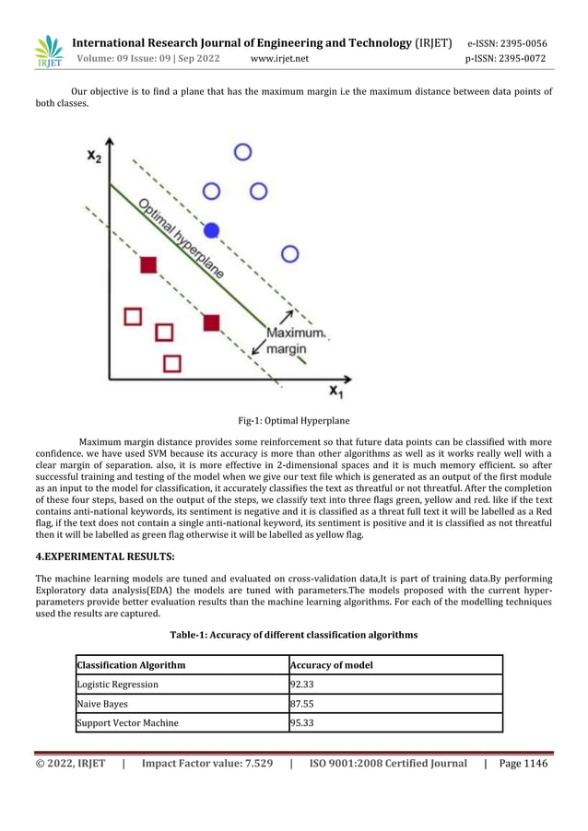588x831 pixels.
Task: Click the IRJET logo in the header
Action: click(48, 52)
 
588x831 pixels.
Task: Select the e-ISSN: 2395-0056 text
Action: click(507, 43)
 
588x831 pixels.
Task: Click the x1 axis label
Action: click(338, 392)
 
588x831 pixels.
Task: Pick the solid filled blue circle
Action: click(212, 228)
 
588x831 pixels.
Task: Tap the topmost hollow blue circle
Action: click(242, 152)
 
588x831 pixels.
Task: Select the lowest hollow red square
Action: click(172, 363)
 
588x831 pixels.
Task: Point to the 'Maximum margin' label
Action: click(293, 340)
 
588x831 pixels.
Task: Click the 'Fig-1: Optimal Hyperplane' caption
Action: click(293, 421)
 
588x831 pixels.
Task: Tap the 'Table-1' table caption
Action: click(293, 635)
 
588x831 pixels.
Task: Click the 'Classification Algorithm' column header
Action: click(132, 665)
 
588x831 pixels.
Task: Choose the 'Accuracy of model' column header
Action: click(332, 665)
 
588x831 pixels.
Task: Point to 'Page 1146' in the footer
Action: click(523, 763)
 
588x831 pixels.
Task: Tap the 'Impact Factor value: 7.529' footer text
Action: click(207, 763)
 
